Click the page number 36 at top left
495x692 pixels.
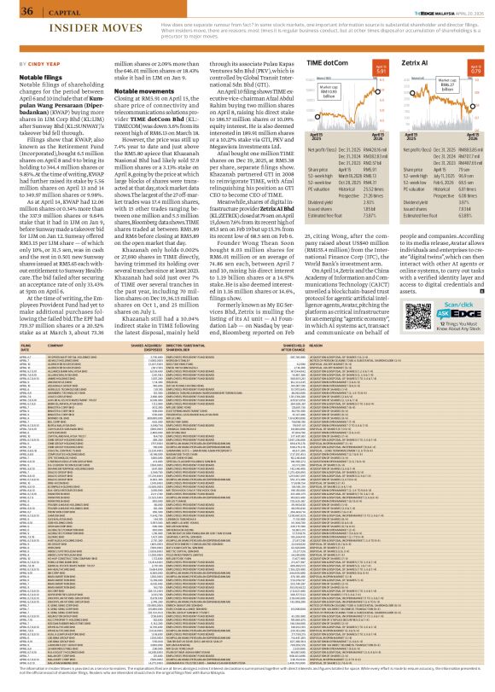pos(15,11)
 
